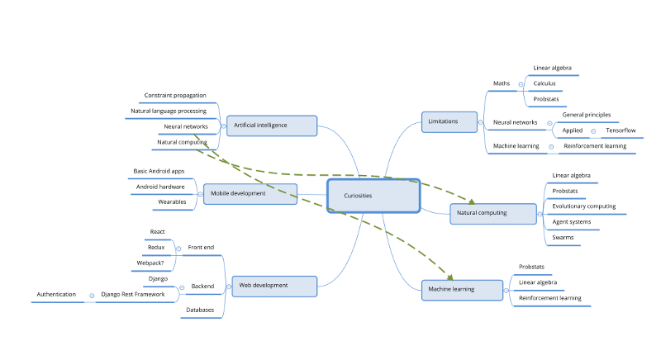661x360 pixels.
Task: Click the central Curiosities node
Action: [x=373, y=196]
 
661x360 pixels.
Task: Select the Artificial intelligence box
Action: [x=272, y=126]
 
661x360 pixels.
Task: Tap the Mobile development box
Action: [x=250, y=194]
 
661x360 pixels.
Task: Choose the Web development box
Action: [x=274, y=286]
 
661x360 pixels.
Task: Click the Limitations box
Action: [x=449, y=121]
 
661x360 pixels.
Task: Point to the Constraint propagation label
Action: [x=175, y=96]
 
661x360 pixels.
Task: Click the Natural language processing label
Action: [x=169, y=111]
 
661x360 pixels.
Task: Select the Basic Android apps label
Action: [x=159, y=171]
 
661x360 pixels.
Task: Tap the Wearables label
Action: [x=172, y=202]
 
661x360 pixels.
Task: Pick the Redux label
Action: [x=156, y=247]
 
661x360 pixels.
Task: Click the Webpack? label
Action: [x=150, y=263]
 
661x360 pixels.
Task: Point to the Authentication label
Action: [x=56, y=294]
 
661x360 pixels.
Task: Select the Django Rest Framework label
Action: [x=133, y=294]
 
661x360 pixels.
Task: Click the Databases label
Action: [x=200, y=310]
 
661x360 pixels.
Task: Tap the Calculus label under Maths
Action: [x=544, y=83]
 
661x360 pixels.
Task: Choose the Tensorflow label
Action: [x=621, y=130]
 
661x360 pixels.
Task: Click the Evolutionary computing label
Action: [x=584, y=206]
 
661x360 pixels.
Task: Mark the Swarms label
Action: [x=563, y=238]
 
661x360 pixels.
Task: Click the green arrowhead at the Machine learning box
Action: [x=449, y=277]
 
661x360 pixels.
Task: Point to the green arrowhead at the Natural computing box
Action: [x=472, y=201]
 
